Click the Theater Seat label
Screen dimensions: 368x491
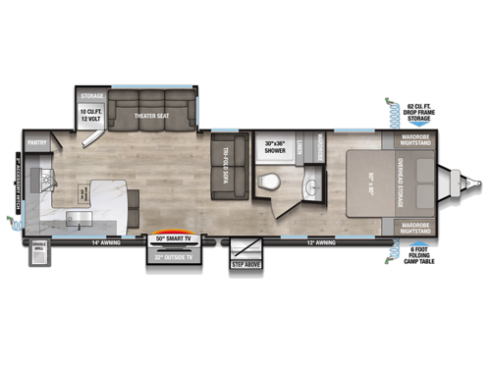151,117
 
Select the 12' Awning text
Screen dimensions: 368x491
321,241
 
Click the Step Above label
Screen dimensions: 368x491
245,264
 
